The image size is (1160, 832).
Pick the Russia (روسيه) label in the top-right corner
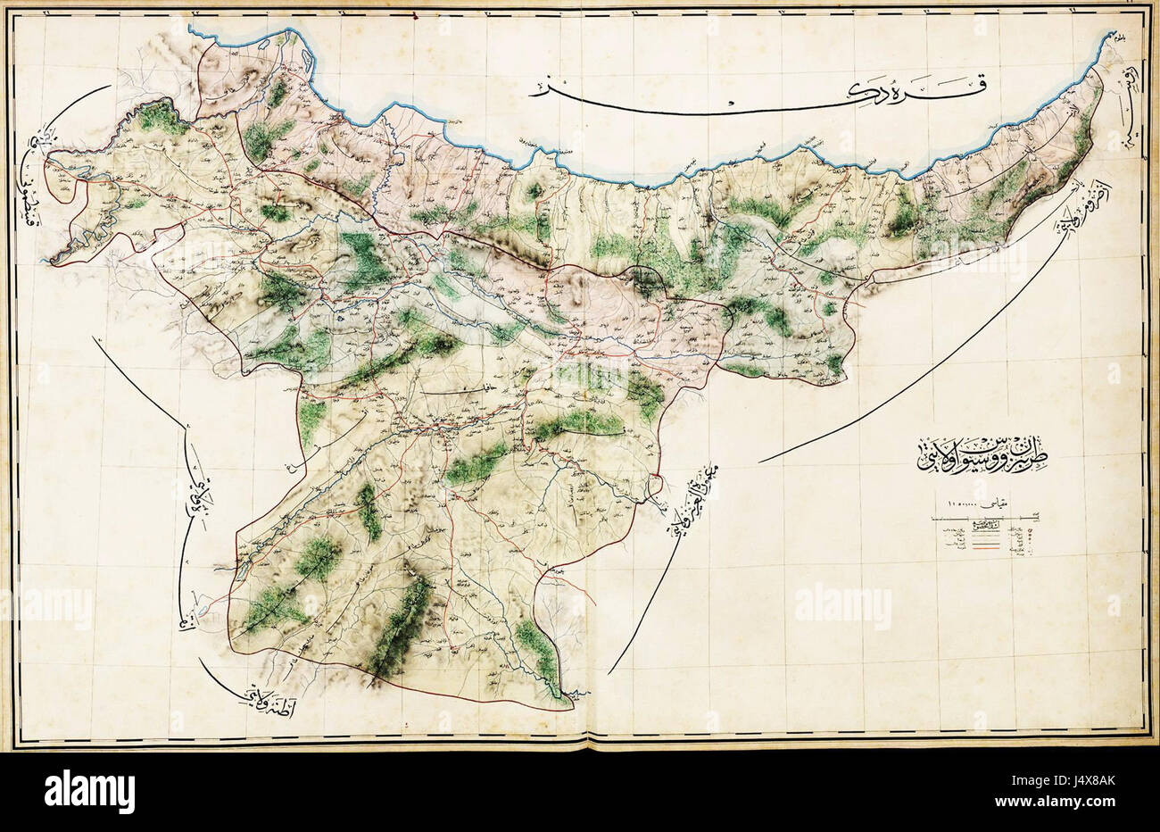[x=1129, y=116]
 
